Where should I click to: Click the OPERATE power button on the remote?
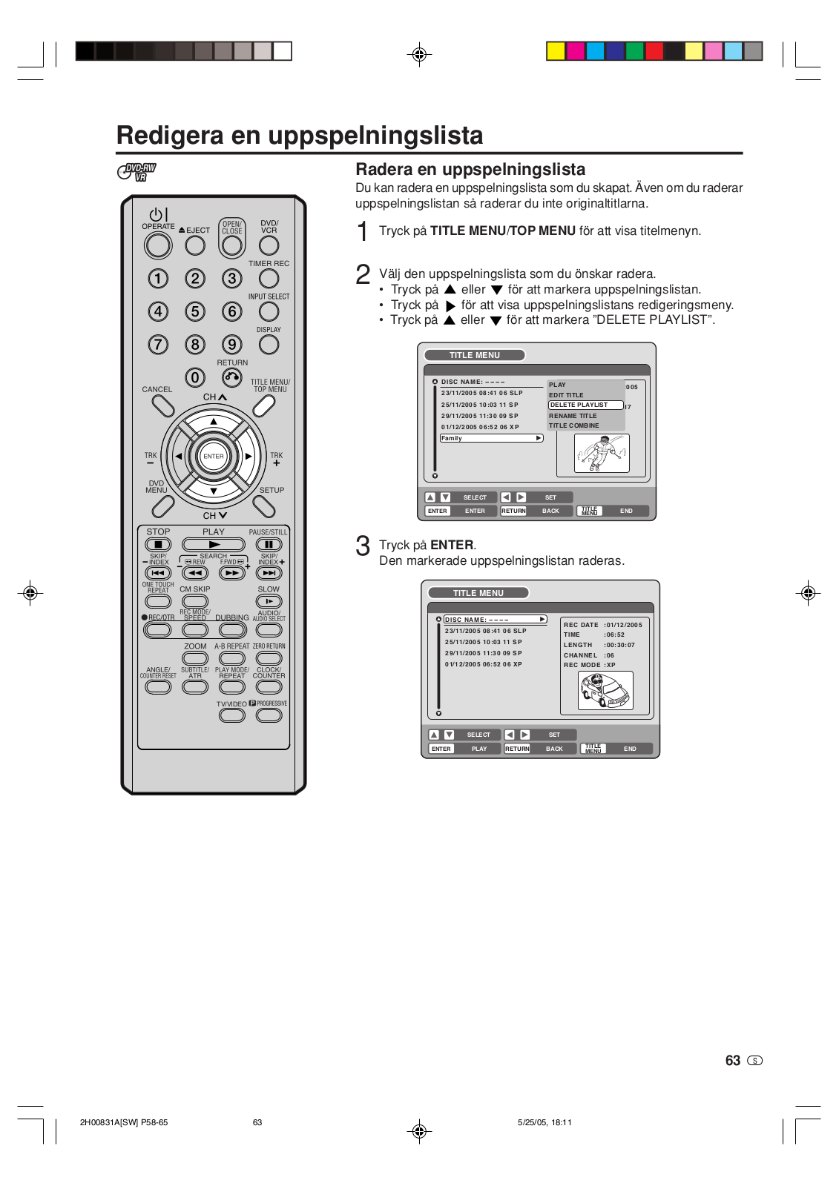point(158,245)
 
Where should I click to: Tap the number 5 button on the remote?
point(195,311)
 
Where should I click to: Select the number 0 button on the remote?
point(195,378)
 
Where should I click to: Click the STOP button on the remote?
point(158,545)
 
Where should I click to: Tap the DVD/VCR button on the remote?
point(269,245)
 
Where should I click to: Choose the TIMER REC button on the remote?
point(269,279)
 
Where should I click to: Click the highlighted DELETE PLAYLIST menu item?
point(585,405)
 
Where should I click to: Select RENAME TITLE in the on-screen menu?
point(573,416)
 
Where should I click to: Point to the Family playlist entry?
point(491,438)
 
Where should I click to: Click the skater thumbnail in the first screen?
point(602,454)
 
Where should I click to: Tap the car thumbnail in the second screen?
point(606,691)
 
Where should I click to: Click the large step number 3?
point(363,546)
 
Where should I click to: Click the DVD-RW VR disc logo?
point(137,172)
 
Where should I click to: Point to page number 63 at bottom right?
point(733,1061)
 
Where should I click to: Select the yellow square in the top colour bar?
point(556,51)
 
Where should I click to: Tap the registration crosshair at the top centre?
point(419,54)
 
